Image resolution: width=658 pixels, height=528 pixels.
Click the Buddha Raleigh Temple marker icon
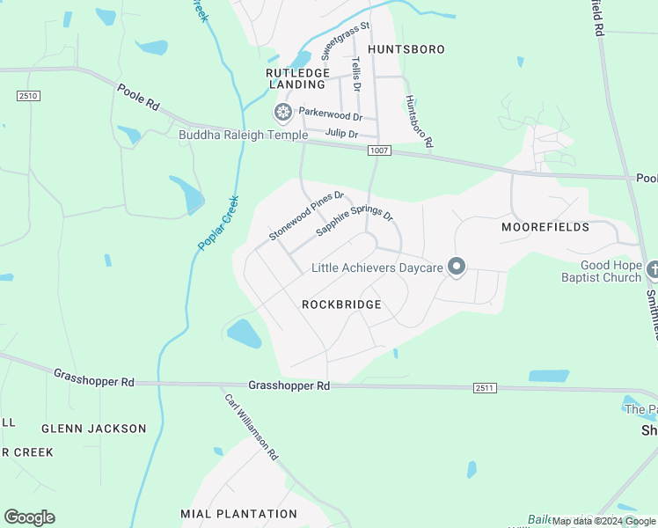pyautogui.click(x=283, y=112)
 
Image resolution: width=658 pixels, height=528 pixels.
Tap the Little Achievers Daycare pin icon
pyautogui.click(x=456, y=266)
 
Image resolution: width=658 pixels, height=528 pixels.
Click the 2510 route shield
pyautogui.click(x=27, y=95)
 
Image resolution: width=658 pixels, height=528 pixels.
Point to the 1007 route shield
pyautogui.click(x=379, y=151)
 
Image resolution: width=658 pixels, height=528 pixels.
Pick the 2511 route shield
pyautogui.click(x=484, y=387)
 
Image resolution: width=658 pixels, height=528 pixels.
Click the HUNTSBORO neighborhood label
pyautogui.click(x=406, y=49)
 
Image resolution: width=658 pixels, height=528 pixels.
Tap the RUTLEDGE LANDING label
pyautogui.click(x=298, y=78)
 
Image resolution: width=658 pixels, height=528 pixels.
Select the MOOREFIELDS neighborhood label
pyautogui.click(x=545, y=227)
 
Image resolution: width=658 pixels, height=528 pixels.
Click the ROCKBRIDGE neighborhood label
pyautogui.click(x=341, y=304)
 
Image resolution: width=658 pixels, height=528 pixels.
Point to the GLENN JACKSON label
pyautogui.click(x=94, y=429)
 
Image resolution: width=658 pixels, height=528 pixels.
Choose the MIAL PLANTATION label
pyautogui.click(x=239, y=514)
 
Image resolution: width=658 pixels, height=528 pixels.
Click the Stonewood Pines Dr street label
pyautogui.click(x=306, y=216)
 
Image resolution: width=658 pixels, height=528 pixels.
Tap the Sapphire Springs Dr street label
pyautogui.click(x=355, y=224)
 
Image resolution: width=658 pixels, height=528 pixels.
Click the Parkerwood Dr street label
pyautogui.click(x=331, y=114)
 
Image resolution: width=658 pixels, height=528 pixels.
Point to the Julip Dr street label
pyautogui.click(x=341, y=134)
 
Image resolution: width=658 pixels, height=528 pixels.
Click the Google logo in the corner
pyautogui.click(x=29, y=517)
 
